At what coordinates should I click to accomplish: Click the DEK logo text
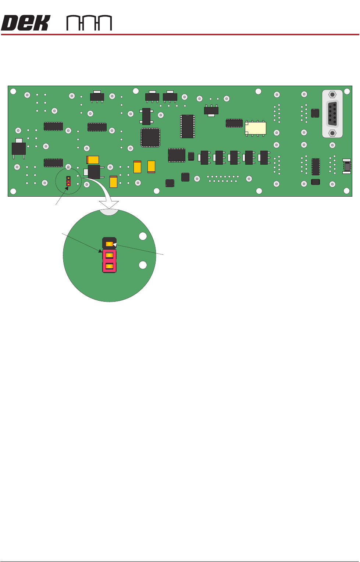click(25, 23)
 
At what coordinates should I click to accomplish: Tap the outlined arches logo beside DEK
click(89, 23)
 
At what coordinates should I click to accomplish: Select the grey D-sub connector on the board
click(332, 114)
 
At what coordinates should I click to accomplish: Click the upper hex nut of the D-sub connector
click(332, 94)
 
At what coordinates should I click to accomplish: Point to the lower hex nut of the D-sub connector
click(332, 133)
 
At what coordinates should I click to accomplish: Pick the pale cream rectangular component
click(256, 128)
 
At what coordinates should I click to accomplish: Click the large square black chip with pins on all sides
click(150, 137)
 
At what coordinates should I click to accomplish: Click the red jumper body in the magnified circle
click(109, 261)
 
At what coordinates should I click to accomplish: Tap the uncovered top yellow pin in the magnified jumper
click(109, 244)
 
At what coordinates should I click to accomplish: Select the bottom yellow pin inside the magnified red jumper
click(109, 266)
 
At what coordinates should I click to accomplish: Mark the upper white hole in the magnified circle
click(143, 236)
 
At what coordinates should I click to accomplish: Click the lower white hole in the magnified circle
click(143, 265)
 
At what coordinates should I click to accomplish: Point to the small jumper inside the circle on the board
click(68, 180)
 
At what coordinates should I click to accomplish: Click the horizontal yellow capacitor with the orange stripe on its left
click(93, 160)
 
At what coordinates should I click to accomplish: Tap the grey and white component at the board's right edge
click(346, 166)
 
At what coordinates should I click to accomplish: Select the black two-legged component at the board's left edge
click(19, 148)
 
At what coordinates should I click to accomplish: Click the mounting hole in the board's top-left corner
click(13, 91)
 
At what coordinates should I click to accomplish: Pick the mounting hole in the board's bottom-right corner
click(346, 190)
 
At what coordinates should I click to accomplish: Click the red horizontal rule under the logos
click(180, 35)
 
